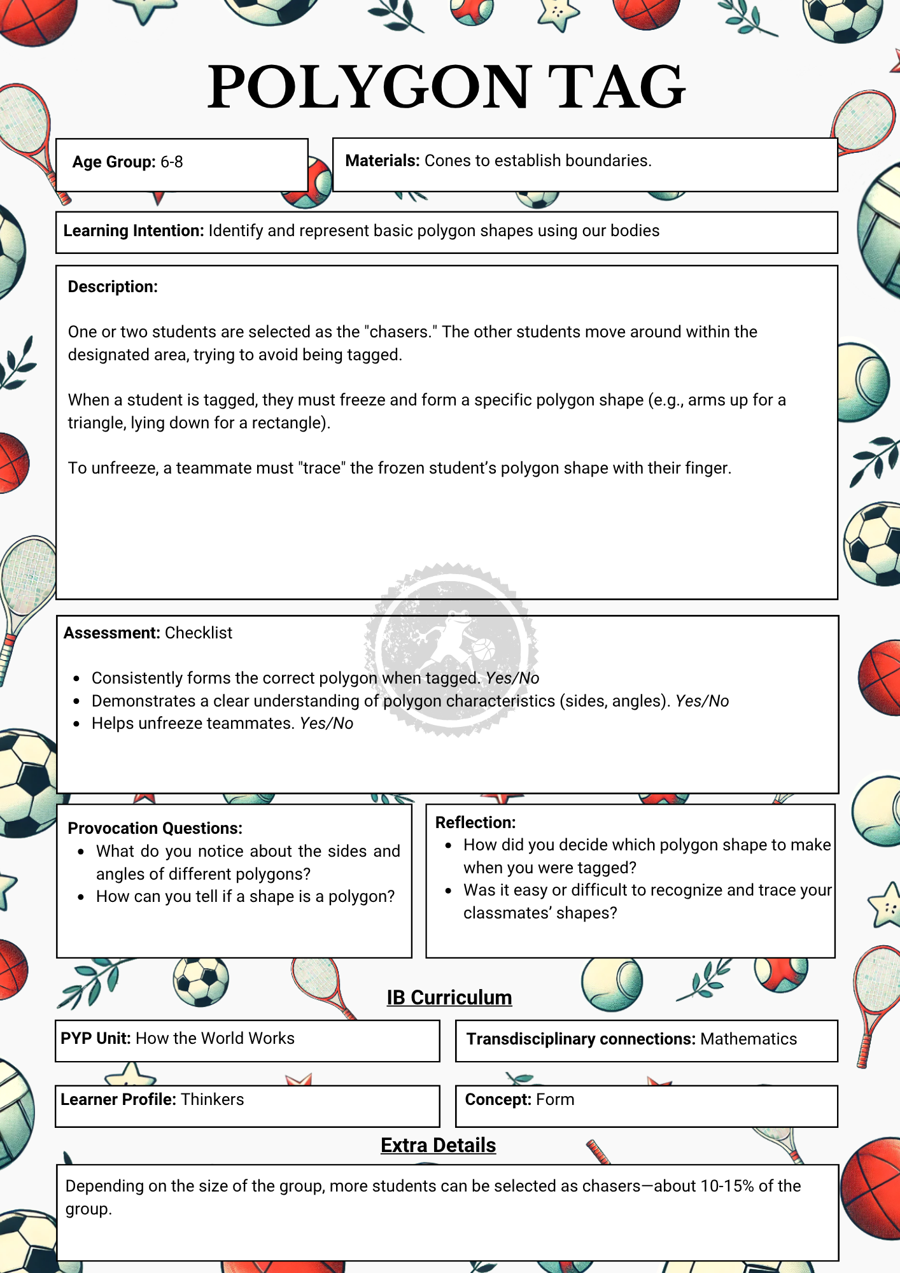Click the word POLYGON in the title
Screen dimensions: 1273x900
point(369,87)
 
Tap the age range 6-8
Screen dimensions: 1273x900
point(171,162)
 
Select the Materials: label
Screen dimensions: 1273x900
point(382,160)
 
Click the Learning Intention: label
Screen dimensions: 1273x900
point(133,230)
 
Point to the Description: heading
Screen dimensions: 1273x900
point(113,286)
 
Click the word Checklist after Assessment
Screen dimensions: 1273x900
point(199,633)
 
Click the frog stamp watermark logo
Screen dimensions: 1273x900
point(451,649)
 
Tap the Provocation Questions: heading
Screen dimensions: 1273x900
point(155,828)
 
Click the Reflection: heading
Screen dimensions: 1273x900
point(475,822)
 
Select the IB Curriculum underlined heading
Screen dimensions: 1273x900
point(449,997)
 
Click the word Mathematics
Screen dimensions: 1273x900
point(749,1039)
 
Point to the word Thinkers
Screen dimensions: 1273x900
point(212,1099)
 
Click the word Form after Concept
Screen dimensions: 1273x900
point(555,1099)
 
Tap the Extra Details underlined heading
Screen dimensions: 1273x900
point(438,1145)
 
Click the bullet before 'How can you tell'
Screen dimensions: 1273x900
point(81,897)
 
